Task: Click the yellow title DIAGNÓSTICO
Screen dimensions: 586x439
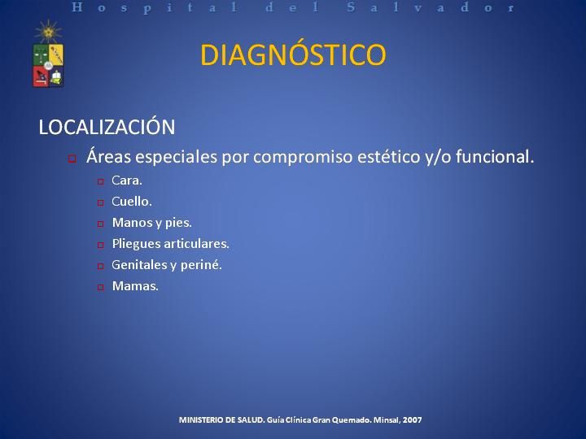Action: (293, 54)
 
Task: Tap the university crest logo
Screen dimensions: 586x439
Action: (48, 54)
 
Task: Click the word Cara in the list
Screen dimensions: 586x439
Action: (126, 180)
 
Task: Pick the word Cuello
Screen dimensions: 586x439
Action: (131, 202)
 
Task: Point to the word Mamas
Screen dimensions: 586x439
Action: (134, 286)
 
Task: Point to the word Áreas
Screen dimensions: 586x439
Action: (108, 155)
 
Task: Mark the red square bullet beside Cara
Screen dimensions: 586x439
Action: (101, 181)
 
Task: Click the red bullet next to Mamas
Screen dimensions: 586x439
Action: (101, 287)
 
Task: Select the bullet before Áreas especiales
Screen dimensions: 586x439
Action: (72, 159)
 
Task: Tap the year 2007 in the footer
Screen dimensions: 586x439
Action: (412, 420)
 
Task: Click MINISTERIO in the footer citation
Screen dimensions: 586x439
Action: (202, 420)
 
